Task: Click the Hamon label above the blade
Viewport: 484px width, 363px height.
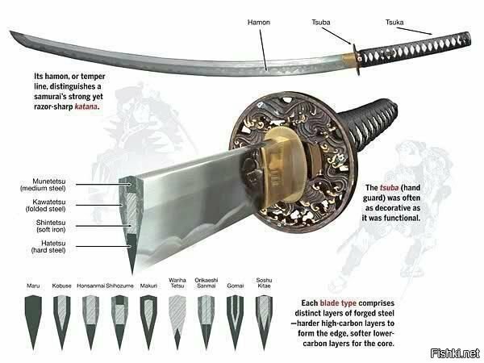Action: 259,23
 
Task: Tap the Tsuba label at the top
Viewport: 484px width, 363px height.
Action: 321,23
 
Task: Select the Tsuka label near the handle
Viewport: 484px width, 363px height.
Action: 394,23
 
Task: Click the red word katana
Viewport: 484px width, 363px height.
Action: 86,106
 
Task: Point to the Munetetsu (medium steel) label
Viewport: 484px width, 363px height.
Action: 43,185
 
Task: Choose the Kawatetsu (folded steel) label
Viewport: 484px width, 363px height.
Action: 46,205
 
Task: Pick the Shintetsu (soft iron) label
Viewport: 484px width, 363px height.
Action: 51,226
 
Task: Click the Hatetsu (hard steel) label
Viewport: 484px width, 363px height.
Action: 48,247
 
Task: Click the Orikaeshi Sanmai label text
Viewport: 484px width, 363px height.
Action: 207,283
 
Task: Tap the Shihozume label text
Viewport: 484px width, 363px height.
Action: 119,286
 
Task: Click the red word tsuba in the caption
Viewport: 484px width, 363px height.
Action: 390,188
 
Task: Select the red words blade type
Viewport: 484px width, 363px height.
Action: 338,303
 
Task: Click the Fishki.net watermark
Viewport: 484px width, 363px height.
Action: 455,353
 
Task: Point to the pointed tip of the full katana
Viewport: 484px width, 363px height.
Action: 10,31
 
